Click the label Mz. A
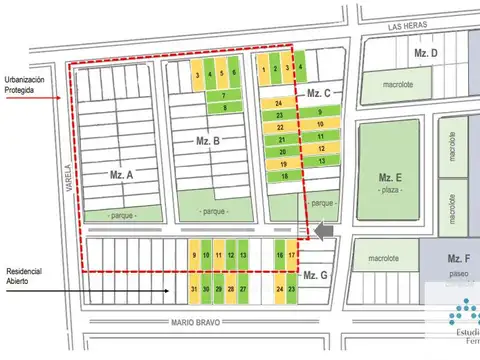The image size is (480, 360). coord(122,174)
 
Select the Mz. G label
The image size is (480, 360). coord(315,275)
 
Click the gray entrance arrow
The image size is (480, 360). coord(322,231)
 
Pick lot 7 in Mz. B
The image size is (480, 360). coord(224,96)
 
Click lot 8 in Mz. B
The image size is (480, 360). coord(224,107)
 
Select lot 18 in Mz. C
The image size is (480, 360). coord(285,176)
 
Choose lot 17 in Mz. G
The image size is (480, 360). coord(291,256)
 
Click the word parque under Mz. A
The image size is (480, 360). coord(122,216)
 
